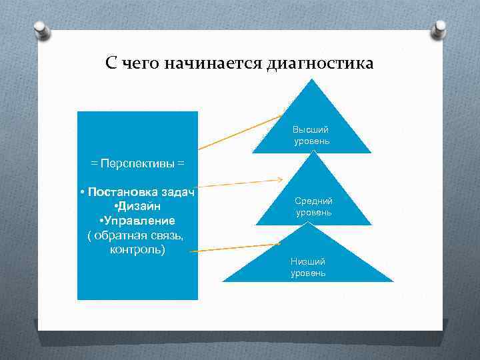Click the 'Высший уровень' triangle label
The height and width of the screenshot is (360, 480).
click(311, 135)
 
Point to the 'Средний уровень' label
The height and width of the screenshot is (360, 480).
click(313, 207)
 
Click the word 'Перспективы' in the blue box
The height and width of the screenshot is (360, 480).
click(137, 163)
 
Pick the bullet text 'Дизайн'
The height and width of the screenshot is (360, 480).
click(139, 206)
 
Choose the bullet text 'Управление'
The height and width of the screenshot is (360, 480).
click(138, 221)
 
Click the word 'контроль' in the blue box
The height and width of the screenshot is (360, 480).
click(137, 249)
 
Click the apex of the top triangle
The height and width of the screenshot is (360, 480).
click(311, 80)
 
